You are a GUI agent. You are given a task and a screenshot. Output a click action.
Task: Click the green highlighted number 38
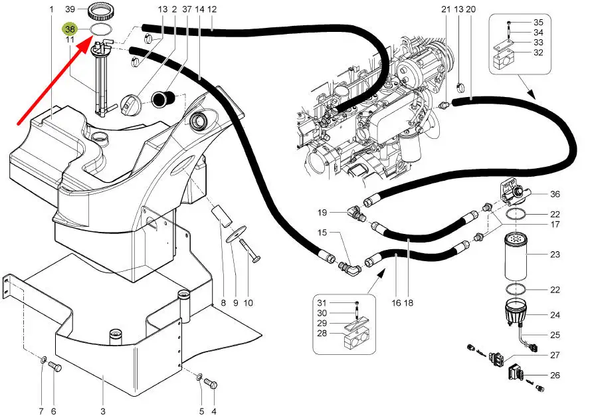[x=70, y=29]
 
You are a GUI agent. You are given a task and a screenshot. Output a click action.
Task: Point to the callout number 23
[x=555, y=254]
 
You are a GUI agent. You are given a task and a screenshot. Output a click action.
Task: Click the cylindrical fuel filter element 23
[x=517, y=256]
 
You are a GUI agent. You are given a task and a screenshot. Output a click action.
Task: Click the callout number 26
[x=555, y=375]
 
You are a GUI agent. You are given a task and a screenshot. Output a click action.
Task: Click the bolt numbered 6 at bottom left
[x=55, y=367]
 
